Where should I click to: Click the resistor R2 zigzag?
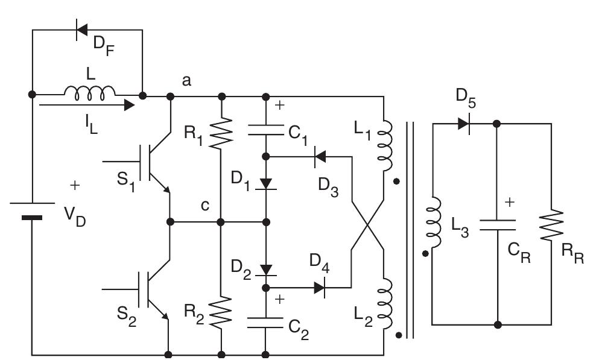pos(221,310)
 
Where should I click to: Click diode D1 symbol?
pos(265,183)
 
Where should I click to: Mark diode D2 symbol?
pos(265,268)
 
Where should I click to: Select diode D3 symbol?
pos(320,157)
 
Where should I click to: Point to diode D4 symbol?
pos(320,288)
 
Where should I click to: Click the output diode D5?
pos(463,124)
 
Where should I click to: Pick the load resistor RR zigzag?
pos(551,224)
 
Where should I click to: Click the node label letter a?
pos(187,80)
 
